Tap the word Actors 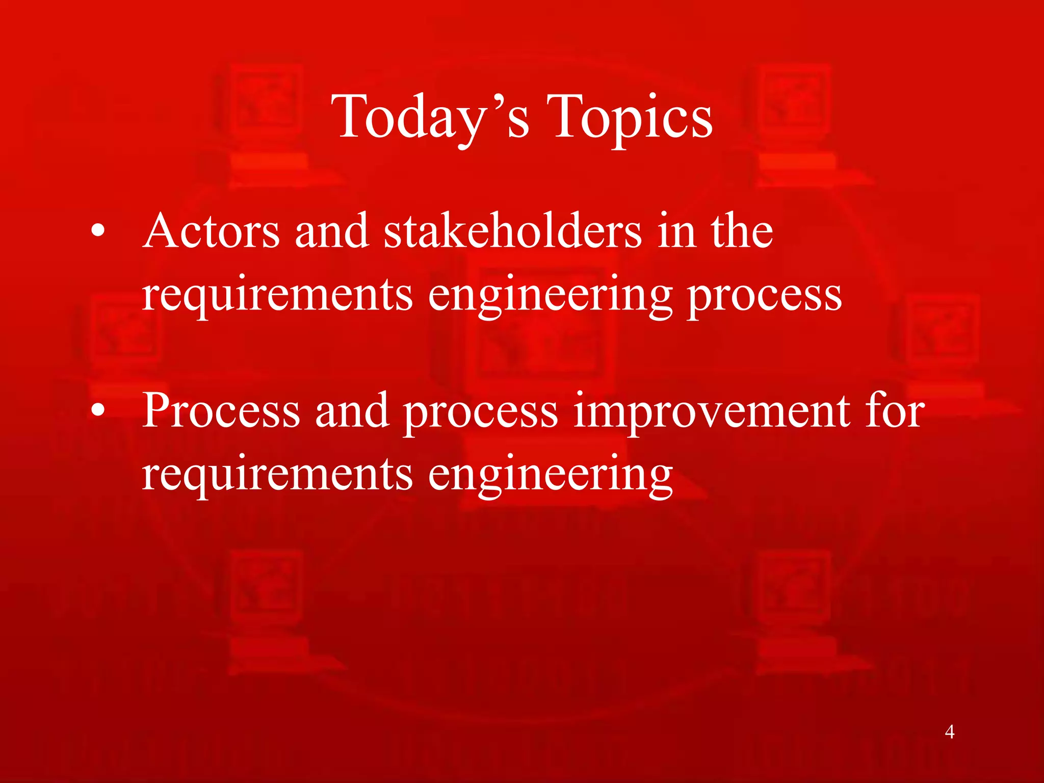(x=211, y=232)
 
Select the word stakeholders (x=512, y=232)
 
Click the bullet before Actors (x=98, y=232)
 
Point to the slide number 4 (x=949, y=732)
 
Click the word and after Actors (x=332, y=232)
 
